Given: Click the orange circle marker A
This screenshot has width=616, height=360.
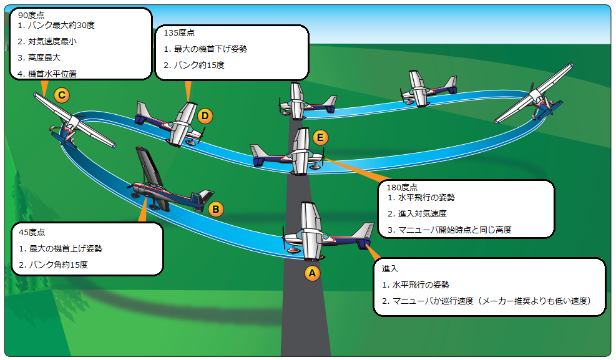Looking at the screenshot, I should click(x=311, y=272).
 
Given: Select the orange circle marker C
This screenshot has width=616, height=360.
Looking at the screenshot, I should click(x=61, y=95).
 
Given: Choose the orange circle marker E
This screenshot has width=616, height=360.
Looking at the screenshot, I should click(x=320, y=137).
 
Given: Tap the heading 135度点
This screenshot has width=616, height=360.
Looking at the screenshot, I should click(x=179, y=33).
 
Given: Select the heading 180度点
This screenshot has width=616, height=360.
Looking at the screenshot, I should click(x=402, y=187).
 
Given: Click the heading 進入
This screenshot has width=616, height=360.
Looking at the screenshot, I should click(x=391, y=268).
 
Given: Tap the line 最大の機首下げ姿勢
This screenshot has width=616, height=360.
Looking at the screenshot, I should click(x=205, y=49).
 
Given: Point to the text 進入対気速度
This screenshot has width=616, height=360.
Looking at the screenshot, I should click(x=417, y=213).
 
